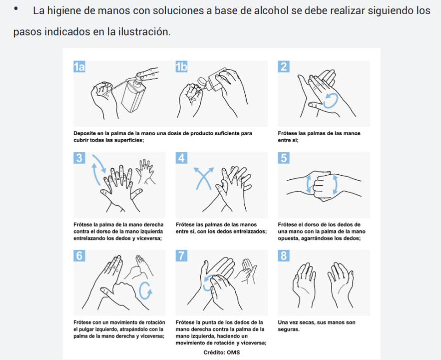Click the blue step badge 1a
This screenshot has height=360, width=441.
tap(79, 67)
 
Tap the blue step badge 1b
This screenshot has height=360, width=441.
tap(181, 67)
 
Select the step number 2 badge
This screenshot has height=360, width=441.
tap(283, 67)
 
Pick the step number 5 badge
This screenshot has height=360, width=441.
tap(283, 158)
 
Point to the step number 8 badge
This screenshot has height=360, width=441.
tap(283, 256)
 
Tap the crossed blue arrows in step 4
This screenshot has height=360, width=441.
tap(204, 178)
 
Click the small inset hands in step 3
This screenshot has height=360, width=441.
tap(145, 171)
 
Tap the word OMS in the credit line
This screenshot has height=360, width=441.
tap(233, 352)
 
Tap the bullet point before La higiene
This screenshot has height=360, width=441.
tap(16, 9)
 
